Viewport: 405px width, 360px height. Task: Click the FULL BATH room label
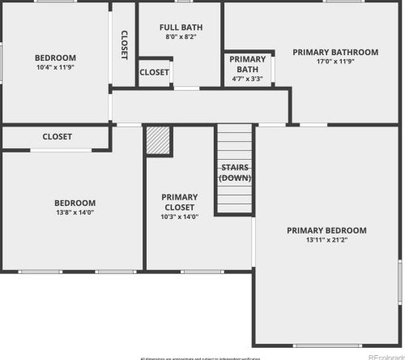coord(181,27)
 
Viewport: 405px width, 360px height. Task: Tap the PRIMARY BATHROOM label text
coord(335,52)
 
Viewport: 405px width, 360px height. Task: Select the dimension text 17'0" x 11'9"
coord(335,62)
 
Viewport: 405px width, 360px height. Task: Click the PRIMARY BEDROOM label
coord(326,230)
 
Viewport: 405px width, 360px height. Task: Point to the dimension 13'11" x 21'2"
coord(326,240)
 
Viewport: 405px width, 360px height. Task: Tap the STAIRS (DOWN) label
coord(235,173)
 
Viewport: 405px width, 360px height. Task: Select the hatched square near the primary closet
coord(157,139)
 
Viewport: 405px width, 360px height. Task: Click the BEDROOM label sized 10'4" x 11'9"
coord(55,58)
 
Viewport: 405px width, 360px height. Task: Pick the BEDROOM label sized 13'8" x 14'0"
coord(75,203)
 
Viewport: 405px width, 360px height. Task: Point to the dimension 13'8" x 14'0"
coord(75,212)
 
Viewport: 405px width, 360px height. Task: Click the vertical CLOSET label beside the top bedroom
coord(124,45)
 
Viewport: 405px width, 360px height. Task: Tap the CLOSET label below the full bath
coord(154,72)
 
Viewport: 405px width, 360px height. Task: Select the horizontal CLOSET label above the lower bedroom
coord(57,137)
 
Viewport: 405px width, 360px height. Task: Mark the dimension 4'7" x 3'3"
coord(247,79)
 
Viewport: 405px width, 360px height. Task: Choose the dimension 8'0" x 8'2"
coord(181,36)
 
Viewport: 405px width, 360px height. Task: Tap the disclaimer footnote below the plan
coord(201,358)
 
